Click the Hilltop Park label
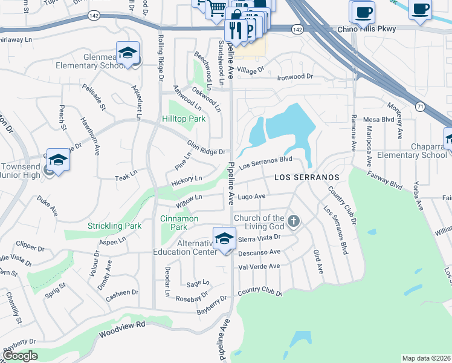184,119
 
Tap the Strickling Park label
114,226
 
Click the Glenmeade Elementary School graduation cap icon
128,53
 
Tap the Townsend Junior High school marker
58,160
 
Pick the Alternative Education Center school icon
224,238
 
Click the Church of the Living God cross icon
293,221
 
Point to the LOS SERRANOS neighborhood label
307,177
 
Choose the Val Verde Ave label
259,266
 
